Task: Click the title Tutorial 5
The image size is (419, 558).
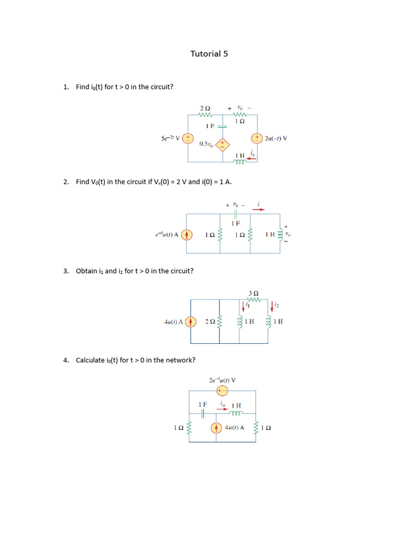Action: coord(209,53)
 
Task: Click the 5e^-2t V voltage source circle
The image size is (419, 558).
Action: coord(188,138)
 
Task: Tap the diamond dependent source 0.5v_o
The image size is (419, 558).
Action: coord(222,144)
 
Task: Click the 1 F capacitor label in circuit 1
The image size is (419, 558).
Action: coord(210,126)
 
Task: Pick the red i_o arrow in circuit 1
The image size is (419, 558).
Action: coord(252,159)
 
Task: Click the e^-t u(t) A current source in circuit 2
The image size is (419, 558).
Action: coord(187,235)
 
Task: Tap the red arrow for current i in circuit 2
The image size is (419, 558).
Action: coord(259,209)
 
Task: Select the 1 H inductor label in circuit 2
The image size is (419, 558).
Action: coord(270,235)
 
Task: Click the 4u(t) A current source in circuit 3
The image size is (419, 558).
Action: coord(190,322)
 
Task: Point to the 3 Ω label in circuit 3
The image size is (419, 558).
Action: coord(253,293)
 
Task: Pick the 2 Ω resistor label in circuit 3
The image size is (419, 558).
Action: coord(211,322)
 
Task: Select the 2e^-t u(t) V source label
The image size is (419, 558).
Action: coord(222,380)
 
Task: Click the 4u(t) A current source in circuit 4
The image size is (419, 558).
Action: coord(217,428)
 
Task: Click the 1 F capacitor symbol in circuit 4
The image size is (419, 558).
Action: coord(202,414)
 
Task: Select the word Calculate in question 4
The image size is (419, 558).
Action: coord(90,360)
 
